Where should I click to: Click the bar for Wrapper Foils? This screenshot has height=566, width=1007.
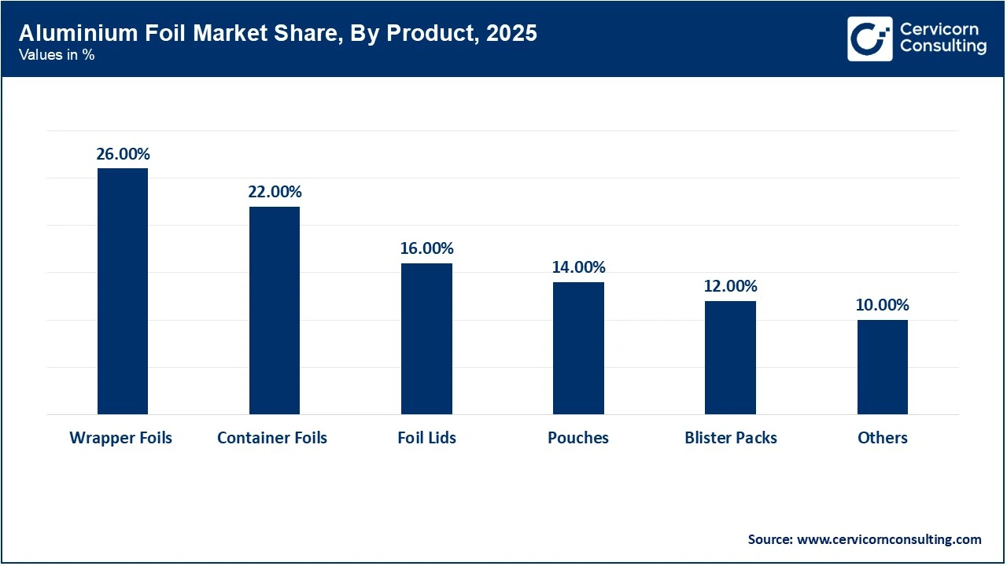click(x=123, y=291)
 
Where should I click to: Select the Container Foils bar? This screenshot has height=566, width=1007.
click(x=275, y=311)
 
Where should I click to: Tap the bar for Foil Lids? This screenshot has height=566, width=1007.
click(x=426, y=339)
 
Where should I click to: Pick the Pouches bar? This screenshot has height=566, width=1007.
click(x=578, y=348)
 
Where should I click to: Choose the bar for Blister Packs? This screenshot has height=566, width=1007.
click(x=730, y=358)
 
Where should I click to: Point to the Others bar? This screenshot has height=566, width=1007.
click(x=882, y=367)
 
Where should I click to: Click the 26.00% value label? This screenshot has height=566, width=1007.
click(x=123, y=154)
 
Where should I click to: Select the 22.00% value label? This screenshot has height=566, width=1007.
click(x=275, y=192)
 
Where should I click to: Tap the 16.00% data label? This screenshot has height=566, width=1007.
click(x=426, y=248)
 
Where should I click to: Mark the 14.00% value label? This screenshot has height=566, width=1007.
click(x=578, y=267)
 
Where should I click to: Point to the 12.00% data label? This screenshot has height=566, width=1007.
click(x=730, y=286)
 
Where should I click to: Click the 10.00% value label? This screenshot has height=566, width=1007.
click(x=882, y=305)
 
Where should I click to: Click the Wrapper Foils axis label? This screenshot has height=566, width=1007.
click(x=120, y=438)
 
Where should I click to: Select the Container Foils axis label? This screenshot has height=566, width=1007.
click(x=272, y=438)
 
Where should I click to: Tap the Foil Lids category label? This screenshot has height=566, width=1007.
click(x=426, y=438)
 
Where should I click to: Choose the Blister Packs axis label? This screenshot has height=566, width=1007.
click(x=731, y=438)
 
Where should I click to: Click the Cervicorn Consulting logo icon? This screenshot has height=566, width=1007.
click(x=869, y=39)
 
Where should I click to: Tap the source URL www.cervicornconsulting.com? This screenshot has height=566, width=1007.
click(x=889, y=539)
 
